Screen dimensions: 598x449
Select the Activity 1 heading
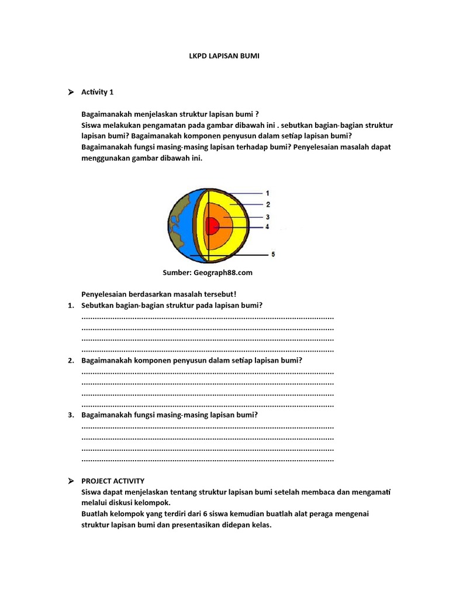[98, 92]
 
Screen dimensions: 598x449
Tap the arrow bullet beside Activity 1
[70, 92]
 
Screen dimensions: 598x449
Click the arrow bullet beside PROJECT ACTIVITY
[70, 481]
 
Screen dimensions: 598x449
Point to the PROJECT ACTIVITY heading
[113, 481]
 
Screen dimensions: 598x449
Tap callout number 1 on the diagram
[267, 193]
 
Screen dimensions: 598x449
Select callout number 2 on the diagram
[267, 204]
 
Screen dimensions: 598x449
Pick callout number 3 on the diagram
[267, 217]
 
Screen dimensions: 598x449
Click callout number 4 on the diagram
[267, 227]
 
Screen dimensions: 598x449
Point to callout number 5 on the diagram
[273, 254]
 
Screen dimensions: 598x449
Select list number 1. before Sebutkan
[70, 305]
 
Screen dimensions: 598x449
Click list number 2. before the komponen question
[70, 360]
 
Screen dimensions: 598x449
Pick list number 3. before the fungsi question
[70, 415]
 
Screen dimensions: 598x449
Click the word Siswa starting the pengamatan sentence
[92, 125]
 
